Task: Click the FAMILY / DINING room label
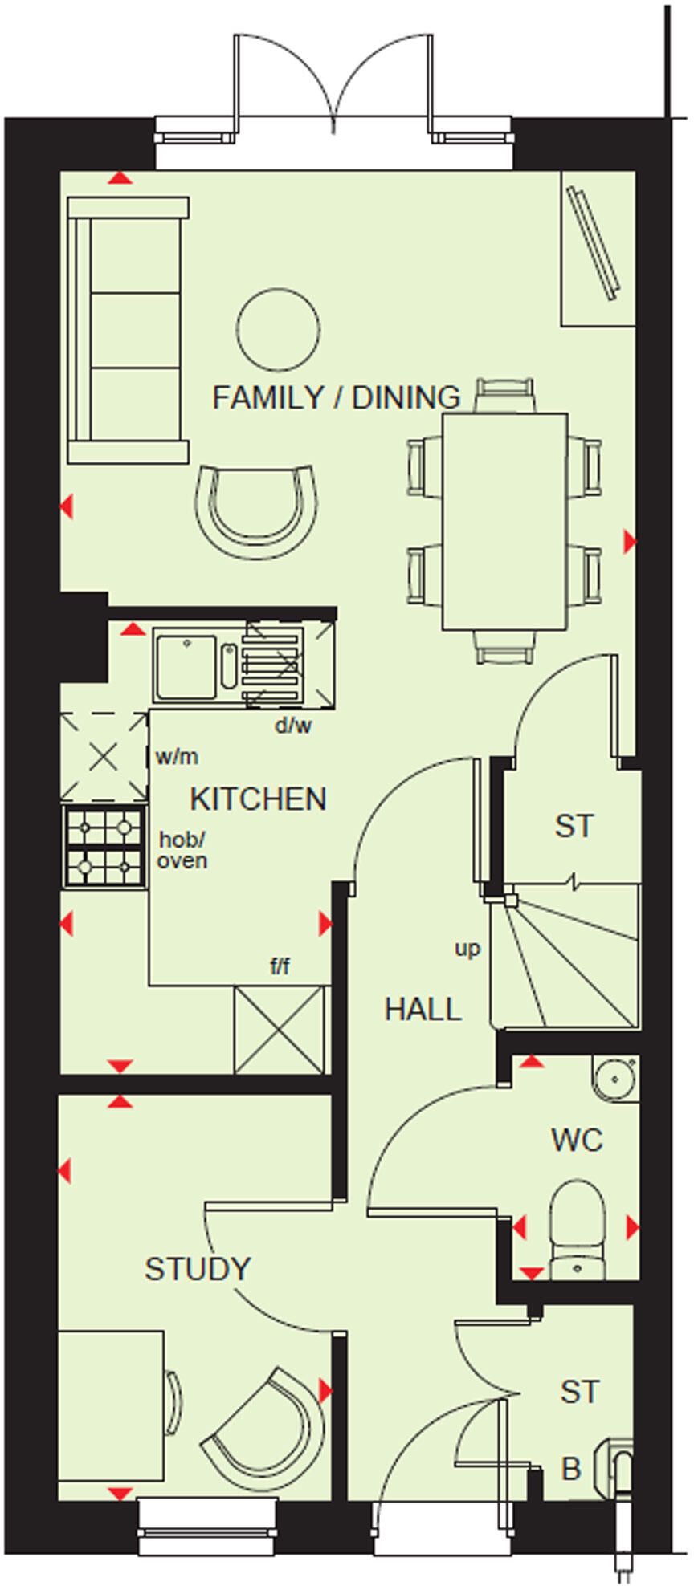pos(336,397)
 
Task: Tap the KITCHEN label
pos(258,799)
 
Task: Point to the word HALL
pos(423,1009)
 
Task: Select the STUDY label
pos(198,1269)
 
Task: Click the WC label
pos(577,1140)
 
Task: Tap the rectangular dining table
pos(505,521)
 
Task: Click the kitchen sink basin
pos(186,666)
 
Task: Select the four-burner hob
pos(104,846)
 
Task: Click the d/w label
pos(292,726)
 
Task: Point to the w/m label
pos(177,756)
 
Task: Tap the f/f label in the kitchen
pos(280,967)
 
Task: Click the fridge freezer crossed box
pos(279,1030)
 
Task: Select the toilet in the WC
pos(576,1226)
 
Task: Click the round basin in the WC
pos(615,1078)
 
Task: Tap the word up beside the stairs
pos(467,949)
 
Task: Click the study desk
pos(111,1394)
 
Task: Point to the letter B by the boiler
pos(570,1469)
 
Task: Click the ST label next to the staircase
pos(574,826)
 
